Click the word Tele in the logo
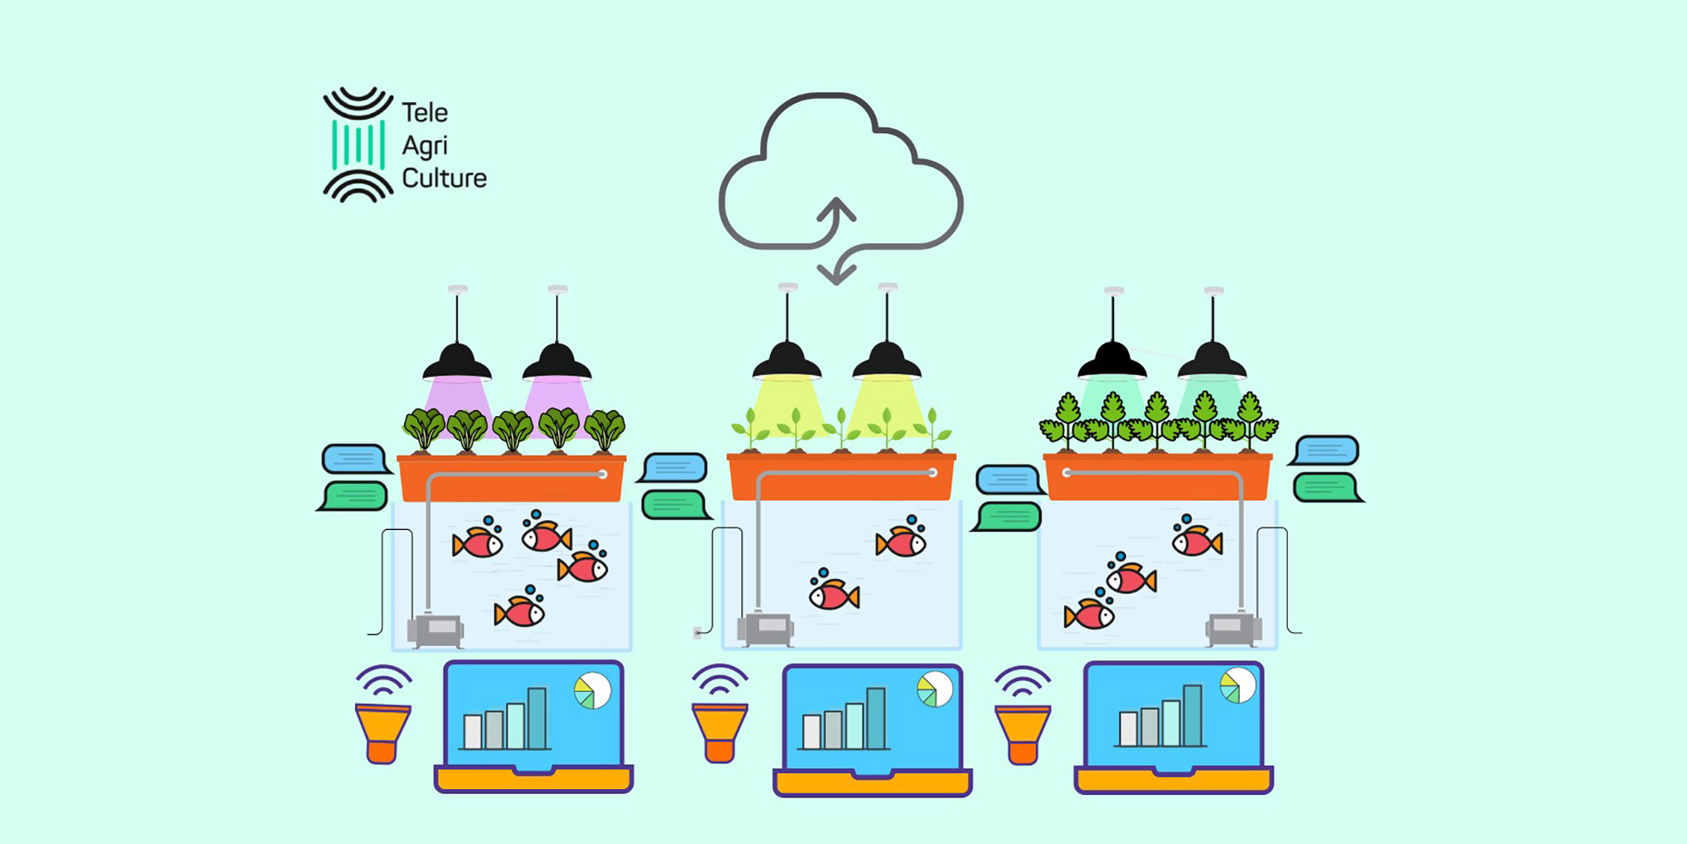pyautogui.click(x=424, y=112)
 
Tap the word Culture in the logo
pyautogui.click(x=444, y=178)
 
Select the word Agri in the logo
pyautogui.click(x=423, y=146)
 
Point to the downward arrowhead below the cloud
pyautogui.click(x=836, y=273)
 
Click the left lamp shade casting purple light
pyautogui.click(x=457, y=363)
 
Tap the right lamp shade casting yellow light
pyautogui.click(x=887, y=363)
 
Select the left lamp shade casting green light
pyautogui.click(x=1113, y=362)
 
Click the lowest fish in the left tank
pyautogui.click(x=520, y=610)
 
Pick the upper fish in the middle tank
pyautogui.click(x=902, y=541)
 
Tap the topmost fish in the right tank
pyautogui.click(x=1197, y=539)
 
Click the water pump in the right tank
pyautogui.click(x=1232, y=628)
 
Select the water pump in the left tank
pyautogui.click(x=435, y=630)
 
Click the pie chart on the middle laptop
pyautogui.click(x=935, y=690)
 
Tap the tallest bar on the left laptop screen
pyautogui.click(x=537, y=717)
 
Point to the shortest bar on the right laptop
pyautogui.click(x=1129, y=728)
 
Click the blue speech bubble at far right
pyautogui.click(x=1326, y=451)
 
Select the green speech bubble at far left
pyautogui.click(x=355, y=495)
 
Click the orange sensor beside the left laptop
pyautogui.click(x=382, y=733)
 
